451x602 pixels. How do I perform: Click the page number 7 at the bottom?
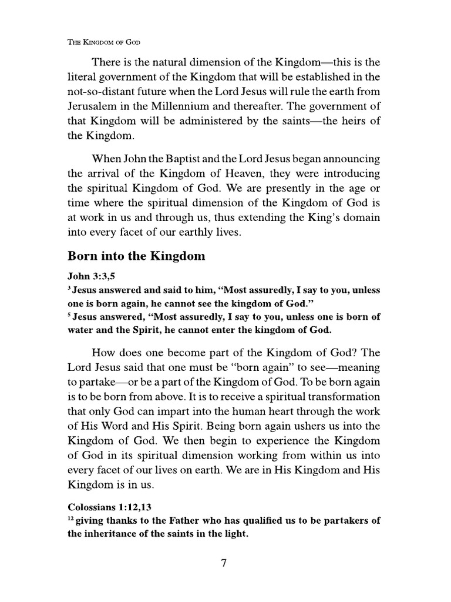(224, 563)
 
